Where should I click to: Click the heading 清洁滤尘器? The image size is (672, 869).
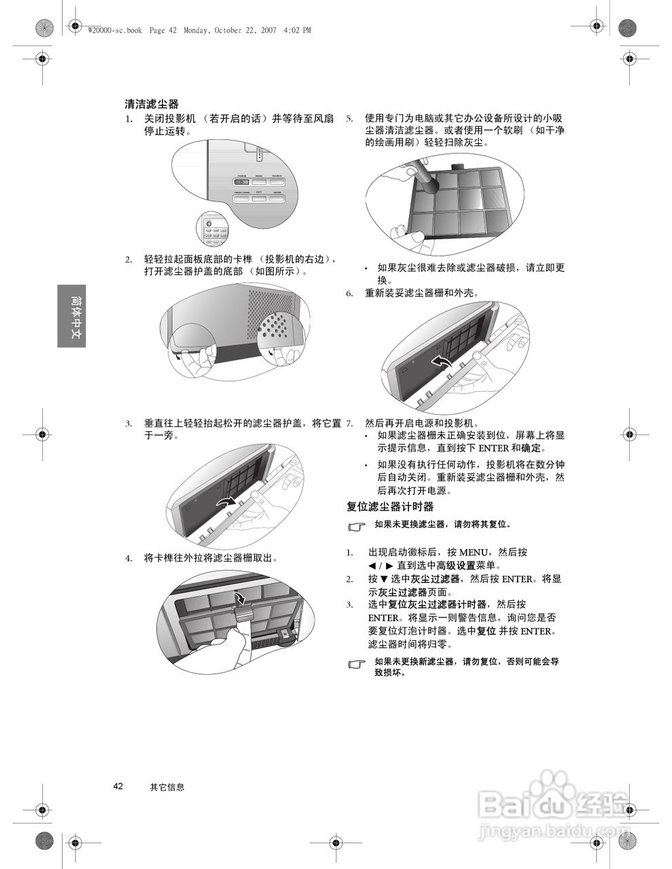click(x=152, y=104)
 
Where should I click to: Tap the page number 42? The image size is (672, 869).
click(x=118, y=786)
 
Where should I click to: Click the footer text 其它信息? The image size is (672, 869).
click(x=167, y=787)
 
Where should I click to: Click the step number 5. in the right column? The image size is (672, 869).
click(x=349, y=118)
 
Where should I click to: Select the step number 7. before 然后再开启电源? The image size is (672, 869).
click(x=349, y=423)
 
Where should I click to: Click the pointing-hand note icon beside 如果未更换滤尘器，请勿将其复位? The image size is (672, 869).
click(x=355, y=526)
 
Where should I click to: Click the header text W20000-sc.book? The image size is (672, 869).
click(x=115, y=30)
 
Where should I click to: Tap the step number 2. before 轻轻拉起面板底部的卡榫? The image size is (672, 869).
click(x=128, y=260)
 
